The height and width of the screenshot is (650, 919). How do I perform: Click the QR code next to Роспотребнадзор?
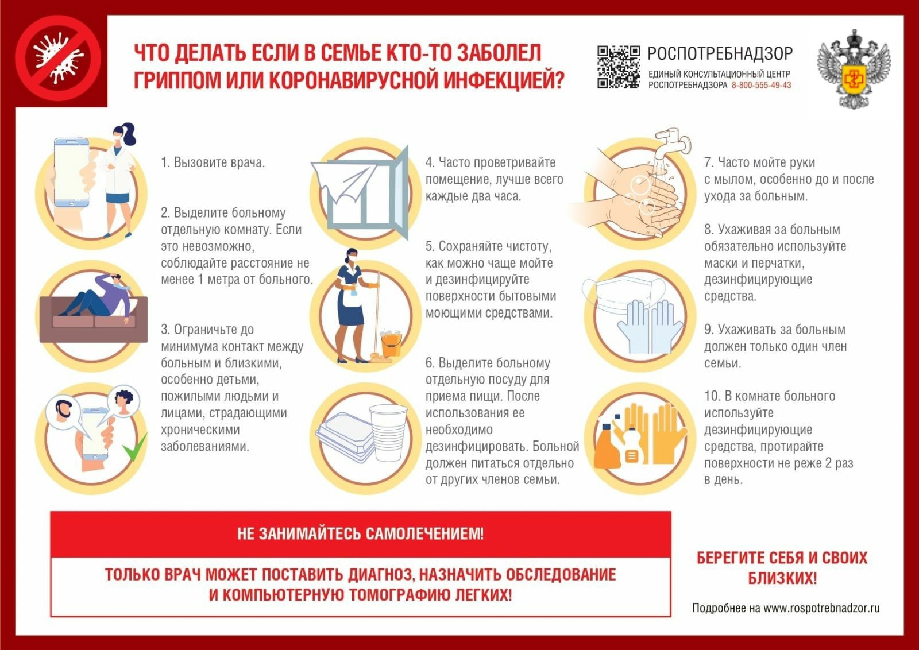pos(618,67)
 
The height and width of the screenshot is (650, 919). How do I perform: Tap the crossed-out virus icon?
pos(58,58)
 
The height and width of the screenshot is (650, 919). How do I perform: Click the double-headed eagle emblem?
pos(854,69)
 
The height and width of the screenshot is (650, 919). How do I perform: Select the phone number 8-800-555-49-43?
pos(761,86)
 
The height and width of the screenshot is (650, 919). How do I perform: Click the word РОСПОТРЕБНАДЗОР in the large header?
pos(720,54)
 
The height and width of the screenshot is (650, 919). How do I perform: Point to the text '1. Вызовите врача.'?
pos(213,162)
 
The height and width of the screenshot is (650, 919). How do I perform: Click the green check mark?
pos(136,448)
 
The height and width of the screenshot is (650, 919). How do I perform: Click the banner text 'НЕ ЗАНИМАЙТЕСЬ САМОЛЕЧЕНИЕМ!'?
pos(360,534)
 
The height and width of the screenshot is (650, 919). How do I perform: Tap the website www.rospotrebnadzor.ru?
pos(821,608)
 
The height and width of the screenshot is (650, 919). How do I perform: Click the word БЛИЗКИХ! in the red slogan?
pos(782,578)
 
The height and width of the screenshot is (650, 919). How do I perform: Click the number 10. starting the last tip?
pos(712,396)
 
